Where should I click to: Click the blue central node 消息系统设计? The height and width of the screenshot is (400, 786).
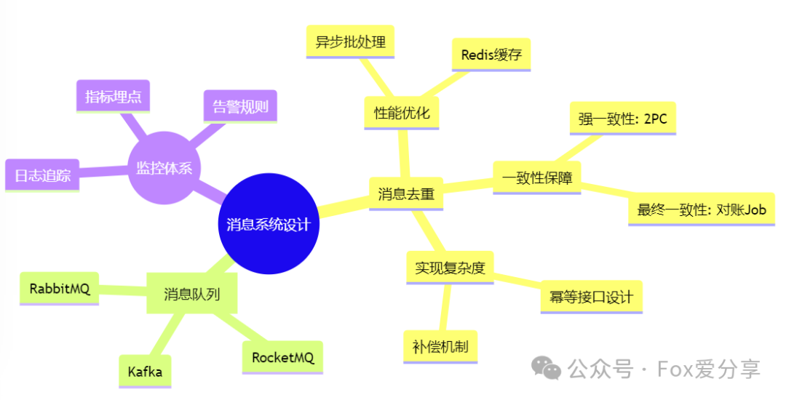click(x=269, y=224)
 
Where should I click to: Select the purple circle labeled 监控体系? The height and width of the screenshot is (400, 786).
click(x=164, y=168)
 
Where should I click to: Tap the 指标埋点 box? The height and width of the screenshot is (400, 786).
click(x=113, y=96)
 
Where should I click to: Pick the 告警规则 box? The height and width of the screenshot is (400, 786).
click(x=240, y=108)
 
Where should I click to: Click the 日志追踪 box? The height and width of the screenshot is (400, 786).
click(x=41, y=175)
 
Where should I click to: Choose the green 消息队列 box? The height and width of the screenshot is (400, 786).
click(x=191, y=294)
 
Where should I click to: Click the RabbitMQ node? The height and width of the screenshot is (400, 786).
click(x=60, y=289)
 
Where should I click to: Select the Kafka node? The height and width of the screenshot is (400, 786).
click(x=145, y=372)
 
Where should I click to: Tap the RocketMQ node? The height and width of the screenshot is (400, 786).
click(x=282, y=357)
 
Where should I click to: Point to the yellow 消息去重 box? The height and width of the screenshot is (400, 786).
click(x=406, y=194)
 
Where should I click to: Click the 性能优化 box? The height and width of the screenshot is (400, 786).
click(x=402, y=113)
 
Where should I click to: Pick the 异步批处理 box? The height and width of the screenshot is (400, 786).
click(x=350, y=41)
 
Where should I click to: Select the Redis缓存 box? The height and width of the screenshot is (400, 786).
click(x=491, y=55)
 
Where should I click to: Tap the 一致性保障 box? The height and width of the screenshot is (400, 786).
click(x=536, y=177)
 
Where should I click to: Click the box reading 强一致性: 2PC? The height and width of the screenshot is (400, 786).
click(x=622, y=119)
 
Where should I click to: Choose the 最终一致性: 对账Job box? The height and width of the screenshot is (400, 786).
click(x=702, y=210)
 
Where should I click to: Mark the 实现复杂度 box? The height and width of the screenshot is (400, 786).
click(x=450, y=268)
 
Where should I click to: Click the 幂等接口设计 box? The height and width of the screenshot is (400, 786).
click(x=591, y=297)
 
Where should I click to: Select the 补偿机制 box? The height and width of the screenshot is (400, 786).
click(x=440, y=346)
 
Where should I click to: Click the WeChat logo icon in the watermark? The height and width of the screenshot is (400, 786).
click(x=547, y=368)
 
